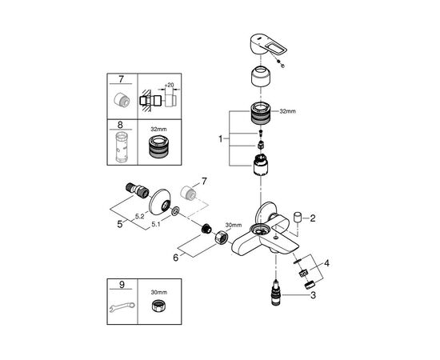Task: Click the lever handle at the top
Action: click(265, 44)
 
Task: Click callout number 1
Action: click(221, 138)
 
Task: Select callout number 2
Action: click(313, 218)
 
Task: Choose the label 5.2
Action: click(139, 216)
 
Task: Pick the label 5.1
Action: click(156, 224)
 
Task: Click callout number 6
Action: click(176, 258)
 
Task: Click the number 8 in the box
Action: click(120, 125)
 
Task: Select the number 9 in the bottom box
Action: click(122, 285)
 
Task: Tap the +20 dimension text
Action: click(169, 85)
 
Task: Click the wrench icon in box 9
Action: click(122, 306)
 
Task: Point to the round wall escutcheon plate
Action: click(159, 202)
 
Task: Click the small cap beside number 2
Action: click(297, 218)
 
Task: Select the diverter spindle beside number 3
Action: click(276, 293)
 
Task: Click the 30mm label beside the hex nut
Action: click(234, 225)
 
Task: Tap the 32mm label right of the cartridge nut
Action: click(288, 111)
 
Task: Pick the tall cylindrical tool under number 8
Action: click(122, 147)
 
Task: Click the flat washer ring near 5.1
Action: click(176, 211)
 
